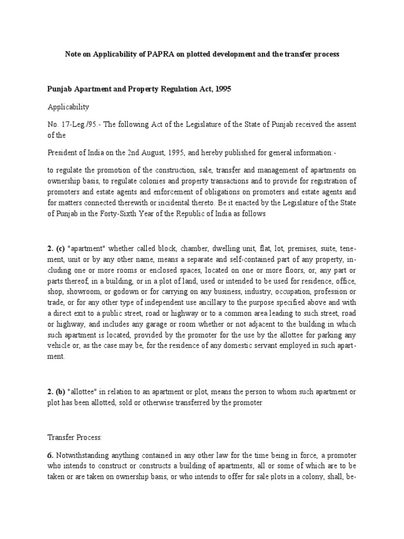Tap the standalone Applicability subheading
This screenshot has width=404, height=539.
pos(68,107)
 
